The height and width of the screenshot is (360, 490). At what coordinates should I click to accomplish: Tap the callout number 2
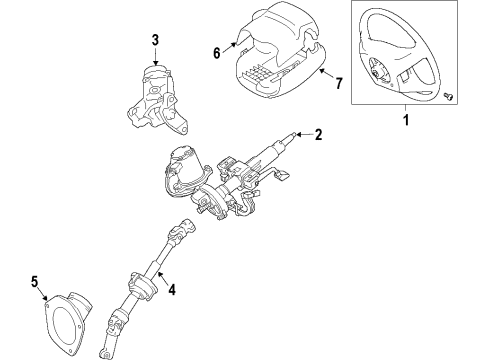point(318,134)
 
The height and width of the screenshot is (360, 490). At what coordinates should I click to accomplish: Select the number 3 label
point(155,40)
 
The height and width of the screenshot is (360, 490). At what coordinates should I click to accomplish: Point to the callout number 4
point(172,292)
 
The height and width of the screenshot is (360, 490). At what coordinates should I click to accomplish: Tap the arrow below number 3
point(155,57)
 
